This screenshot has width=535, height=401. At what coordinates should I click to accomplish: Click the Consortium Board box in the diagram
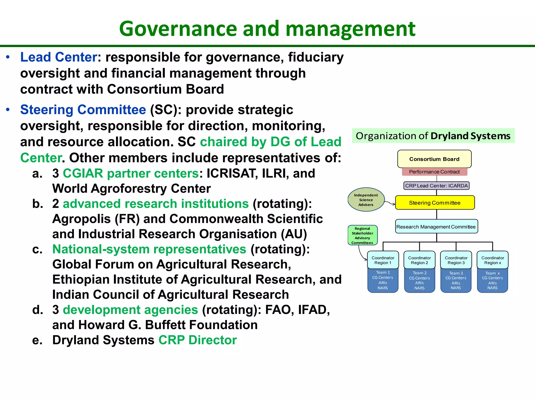click(434, 159)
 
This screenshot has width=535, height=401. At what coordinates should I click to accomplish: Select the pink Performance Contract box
click(434, 172)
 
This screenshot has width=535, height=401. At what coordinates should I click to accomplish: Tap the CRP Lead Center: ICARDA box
click(436, 186)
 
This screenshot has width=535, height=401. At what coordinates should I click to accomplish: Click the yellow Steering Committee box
click(435, 203)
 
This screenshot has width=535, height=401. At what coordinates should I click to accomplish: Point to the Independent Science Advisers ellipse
click(366, 200)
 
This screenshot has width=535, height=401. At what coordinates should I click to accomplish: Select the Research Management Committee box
click(436, 227)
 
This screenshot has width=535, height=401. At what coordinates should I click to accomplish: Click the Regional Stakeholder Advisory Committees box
click(362, 235)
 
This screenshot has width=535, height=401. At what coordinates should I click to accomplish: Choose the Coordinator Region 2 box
click(419, 260)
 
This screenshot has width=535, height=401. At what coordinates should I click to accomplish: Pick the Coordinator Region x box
click(492, 260)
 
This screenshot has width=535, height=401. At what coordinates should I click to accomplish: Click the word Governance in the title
click(179, 29)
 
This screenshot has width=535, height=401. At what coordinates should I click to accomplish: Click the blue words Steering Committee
click(83, 110)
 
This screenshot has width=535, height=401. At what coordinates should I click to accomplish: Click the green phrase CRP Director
click(197, 340)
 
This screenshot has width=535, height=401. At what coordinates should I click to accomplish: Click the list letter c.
click(37, 250)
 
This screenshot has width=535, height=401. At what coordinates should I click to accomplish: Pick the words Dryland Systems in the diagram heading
click(470, 136)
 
